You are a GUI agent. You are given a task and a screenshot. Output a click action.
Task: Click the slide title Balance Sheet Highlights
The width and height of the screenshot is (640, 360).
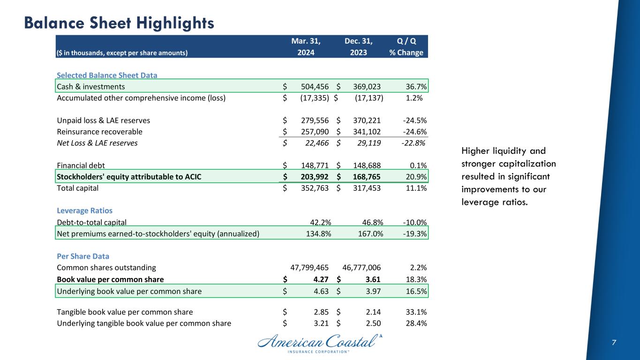[119, 22]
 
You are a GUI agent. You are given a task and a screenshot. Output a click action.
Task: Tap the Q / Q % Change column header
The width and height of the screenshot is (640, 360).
[406, 46]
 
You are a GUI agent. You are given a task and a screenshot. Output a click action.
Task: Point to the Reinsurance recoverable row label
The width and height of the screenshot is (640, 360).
[99, 132]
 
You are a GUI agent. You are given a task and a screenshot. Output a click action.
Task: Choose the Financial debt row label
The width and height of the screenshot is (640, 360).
[81, 165]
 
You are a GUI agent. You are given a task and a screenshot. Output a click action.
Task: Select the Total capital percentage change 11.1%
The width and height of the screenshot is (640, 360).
[415, 188]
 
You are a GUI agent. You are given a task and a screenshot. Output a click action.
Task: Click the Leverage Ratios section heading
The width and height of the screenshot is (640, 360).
[84, 210]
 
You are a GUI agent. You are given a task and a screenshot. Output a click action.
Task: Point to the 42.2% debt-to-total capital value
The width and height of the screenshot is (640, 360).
[321, 222]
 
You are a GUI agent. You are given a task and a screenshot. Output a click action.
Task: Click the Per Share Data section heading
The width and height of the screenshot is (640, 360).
[83, 256]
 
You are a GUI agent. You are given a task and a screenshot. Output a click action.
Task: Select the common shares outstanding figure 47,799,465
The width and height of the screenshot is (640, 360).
[310, 268]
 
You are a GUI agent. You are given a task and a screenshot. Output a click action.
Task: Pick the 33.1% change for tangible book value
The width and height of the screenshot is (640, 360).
[415, 312]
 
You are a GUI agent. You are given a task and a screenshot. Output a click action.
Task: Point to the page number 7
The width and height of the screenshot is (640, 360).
[614, 343]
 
